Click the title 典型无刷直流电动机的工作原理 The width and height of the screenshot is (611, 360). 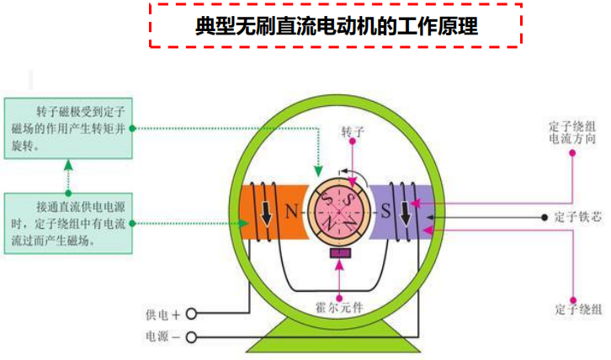[x=337, y=25]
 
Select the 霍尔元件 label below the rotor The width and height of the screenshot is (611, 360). [x=340, y=307]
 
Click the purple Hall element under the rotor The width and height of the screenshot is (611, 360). [x=340, y=252]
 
